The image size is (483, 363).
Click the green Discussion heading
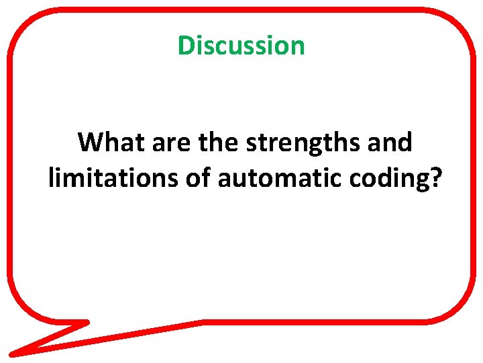click(x=241, y=46)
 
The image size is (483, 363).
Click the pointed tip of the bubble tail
click(x=12, y=352)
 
